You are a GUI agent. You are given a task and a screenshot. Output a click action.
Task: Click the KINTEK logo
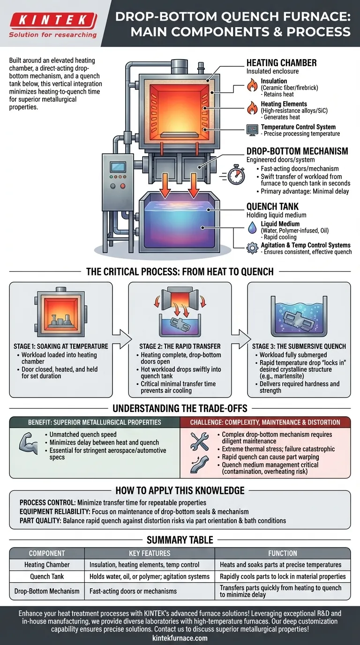click(x=53, y=20)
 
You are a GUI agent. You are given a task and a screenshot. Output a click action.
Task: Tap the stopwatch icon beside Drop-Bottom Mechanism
click(x=236, y=175)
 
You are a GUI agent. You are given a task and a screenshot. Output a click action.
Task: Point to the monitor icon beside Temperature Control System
click(x=253, y=130)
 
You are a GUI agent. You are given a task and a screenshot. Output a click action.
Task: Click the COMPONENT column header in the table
click(x=47, y=553)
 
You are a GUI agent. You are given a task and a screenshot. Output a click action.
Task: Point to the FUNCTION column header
click(x=283, y=553)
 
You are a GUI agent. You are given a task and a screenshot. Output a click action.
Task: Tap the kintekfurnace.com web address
click(x=180, y=638)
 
